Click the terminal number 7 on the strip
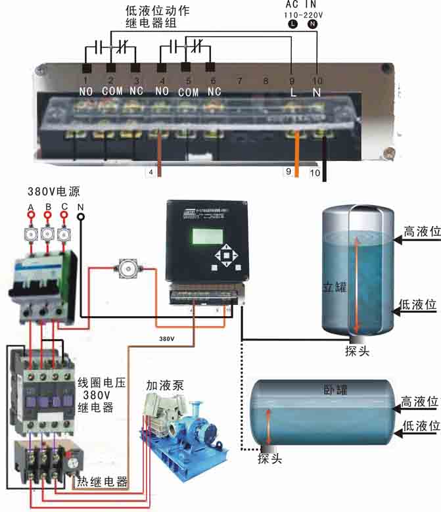(x=239, y=80)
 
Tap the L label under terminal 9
(x=293, y=93)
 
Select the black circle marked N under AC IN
(x=312, y=24)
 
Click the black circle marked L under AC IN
(x=292, y=24)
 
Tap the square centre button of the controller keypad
(x=225, y=255)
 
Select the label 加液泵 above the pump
(x=164, y=384)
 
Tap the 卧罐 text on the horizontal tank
(x=336, y=389)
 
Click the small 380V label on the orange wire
(x=167, y=339)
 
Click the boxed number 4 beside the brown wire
(x=151, y=172)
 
